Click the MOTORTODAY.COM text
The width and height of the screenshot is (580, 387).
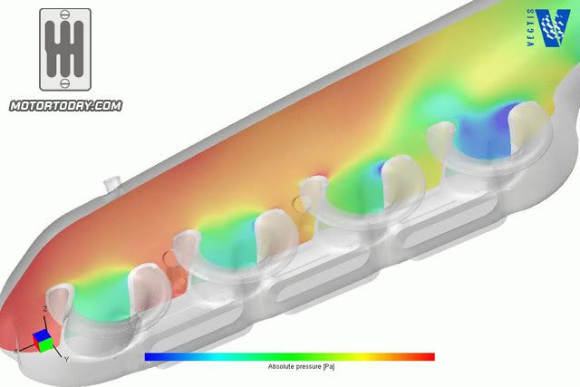point(65,105)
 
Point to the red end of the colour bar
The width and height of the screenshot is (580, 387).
point(426,357)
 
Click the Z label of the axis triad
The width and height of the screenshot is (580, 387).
point(45,310)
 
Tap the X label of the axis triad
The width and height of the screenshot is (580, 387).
point(16,349)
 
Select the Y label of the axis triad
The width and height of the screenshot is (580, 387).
point(66,359)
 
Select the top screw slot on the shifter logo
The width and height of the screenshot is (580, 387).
point(65,20)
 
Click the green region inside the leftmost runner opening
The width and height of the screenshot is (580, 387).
point(95,304)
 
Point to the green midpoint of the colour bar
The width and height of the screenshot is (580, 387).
point(288,357)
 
